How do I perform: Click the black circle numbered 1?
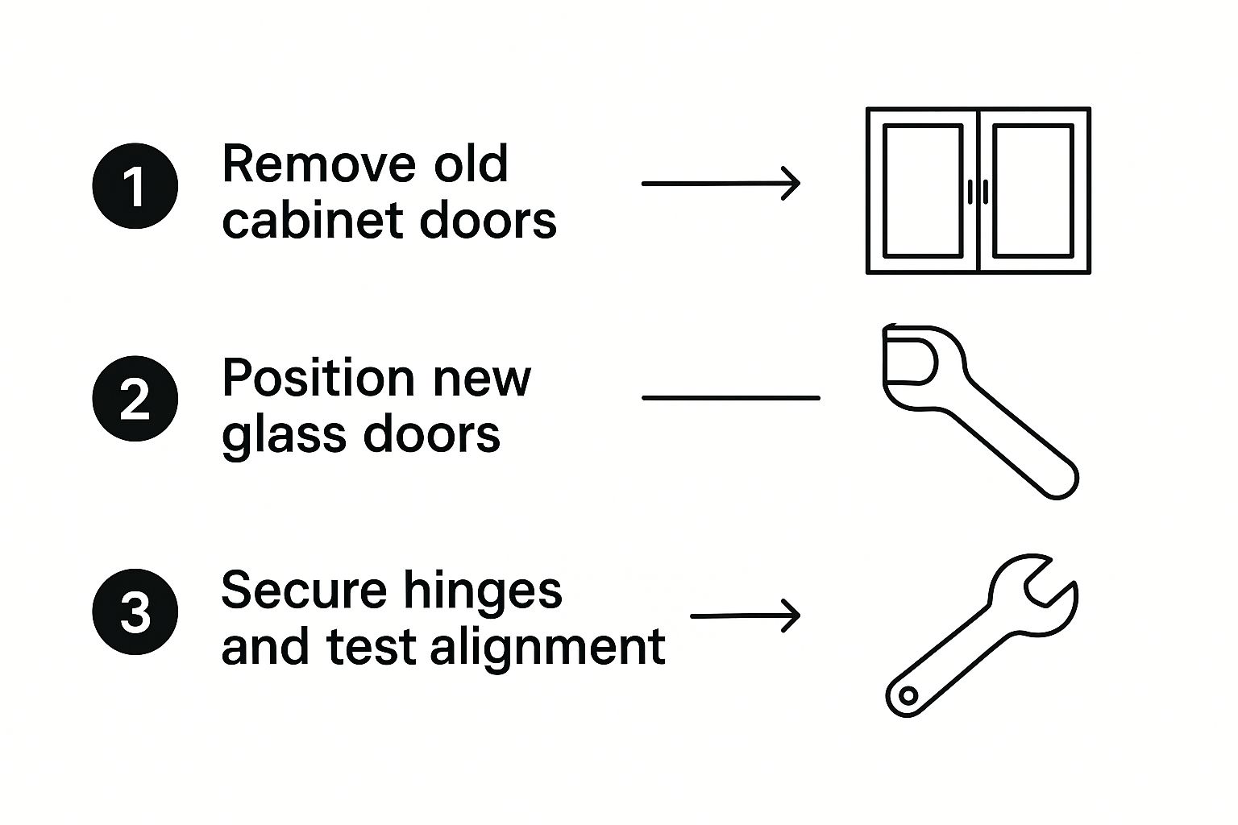pyautogui.click(x=135, y=186)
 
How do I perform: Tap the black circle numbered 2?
pyautogui.click(x=135, y=399)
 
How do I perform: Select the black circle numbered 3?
pyautogui.click(x=135, y=611)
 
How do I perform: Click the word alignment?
pyautogui.click(x=548, y=646)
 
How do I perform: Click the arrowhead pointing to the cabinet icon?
pyautogui.click(x=791, y=183)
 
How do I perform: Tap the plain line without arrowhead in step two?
pyautogui.click(x=730, y=398)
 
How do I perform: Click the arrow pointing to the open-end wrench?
pyautogui.click(x=746, y=616)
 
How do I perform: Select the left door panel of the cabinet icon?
pyautogui.click(x=923, y=190)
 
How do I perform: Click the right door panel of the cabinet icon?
pyautogui.click(x=1033, y=190)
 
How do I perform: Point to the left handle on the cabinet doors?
pyautogui.click(x=970, y=191)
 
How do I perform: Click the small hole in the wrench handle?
pyautogui.click(x=908, y=695)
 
